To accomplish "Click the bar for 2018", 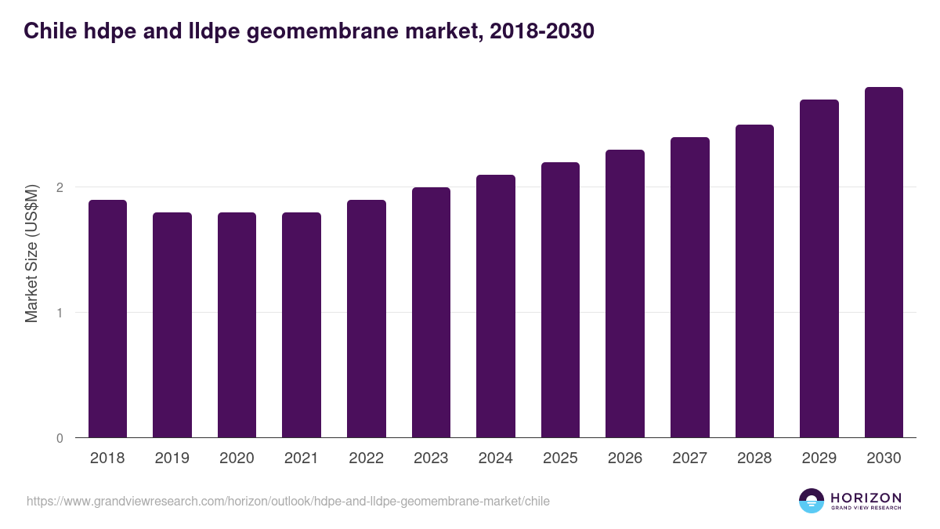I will (107, 319).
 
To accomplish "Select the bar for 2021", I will (302, 325).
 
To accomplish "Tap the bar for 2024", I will (496, 306).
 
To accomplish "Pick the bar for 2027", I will (690, 288).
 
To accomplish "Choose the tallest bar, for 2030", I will (884, 263).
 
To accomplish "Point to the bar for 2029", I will (819, 269).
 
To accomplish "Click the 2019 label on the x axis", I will (172, 458).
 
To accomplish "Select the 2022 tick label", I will (366, 458).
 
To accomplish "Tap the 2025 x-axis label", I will (560, 458).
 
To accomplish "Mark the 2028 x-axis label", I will (754, 458).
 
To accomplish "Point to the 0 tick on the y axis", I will (60, 438).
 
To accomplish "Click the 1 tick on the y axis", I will (60, 313).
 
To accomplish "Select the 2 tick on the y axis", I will (60, 187).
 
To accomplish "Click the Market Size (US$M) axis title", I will (31, 254).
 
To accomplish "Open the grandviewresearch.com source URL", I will (288, 501).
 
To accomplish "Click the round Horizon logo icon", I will (811, 501).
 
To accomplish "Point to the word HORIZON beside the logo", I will (866, 498).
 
